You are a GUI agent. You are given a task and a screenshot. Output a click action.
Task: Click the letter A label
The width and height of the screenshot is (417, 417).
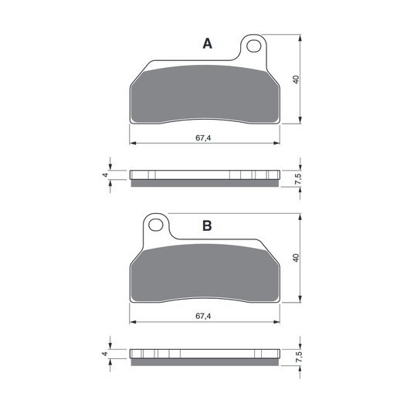tap(208, 43)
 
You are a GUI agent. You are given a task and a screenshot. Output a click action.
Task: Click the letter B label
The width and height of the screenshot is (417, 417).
tap(207, 225)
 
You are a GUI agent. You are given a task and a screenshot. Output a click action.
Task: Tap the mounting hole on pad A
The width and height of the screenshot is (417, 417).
tap(253, 46)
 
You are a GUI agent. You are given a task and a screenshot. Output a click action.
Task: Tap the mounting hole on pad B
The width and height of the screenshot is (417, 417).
tap(155, 225)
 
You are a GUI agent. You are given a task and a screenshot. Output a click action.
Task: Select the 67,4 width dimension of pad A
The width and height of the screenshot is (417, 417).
tap(203, 138)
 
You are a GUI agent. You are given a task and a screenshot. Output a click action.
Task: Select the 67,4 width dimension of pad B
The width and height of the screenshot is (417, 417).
tap(203, 316)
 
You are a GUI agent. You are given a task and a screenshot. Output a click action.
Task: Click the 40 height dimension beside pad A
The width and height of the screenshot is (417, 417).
tap(296, 80)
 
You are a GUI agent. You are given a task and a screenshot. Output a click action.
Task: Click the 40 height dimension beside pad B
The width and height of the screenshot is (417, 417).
tap(296, 258)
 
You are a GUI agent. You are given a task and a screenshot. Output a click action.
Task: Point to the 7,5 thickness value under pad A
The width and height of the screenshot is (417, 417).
tap(298, 178)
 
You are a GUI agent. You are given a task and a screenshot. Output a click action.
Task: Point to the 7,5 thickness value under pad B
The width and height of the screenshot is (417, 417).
tap(298, 357)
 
